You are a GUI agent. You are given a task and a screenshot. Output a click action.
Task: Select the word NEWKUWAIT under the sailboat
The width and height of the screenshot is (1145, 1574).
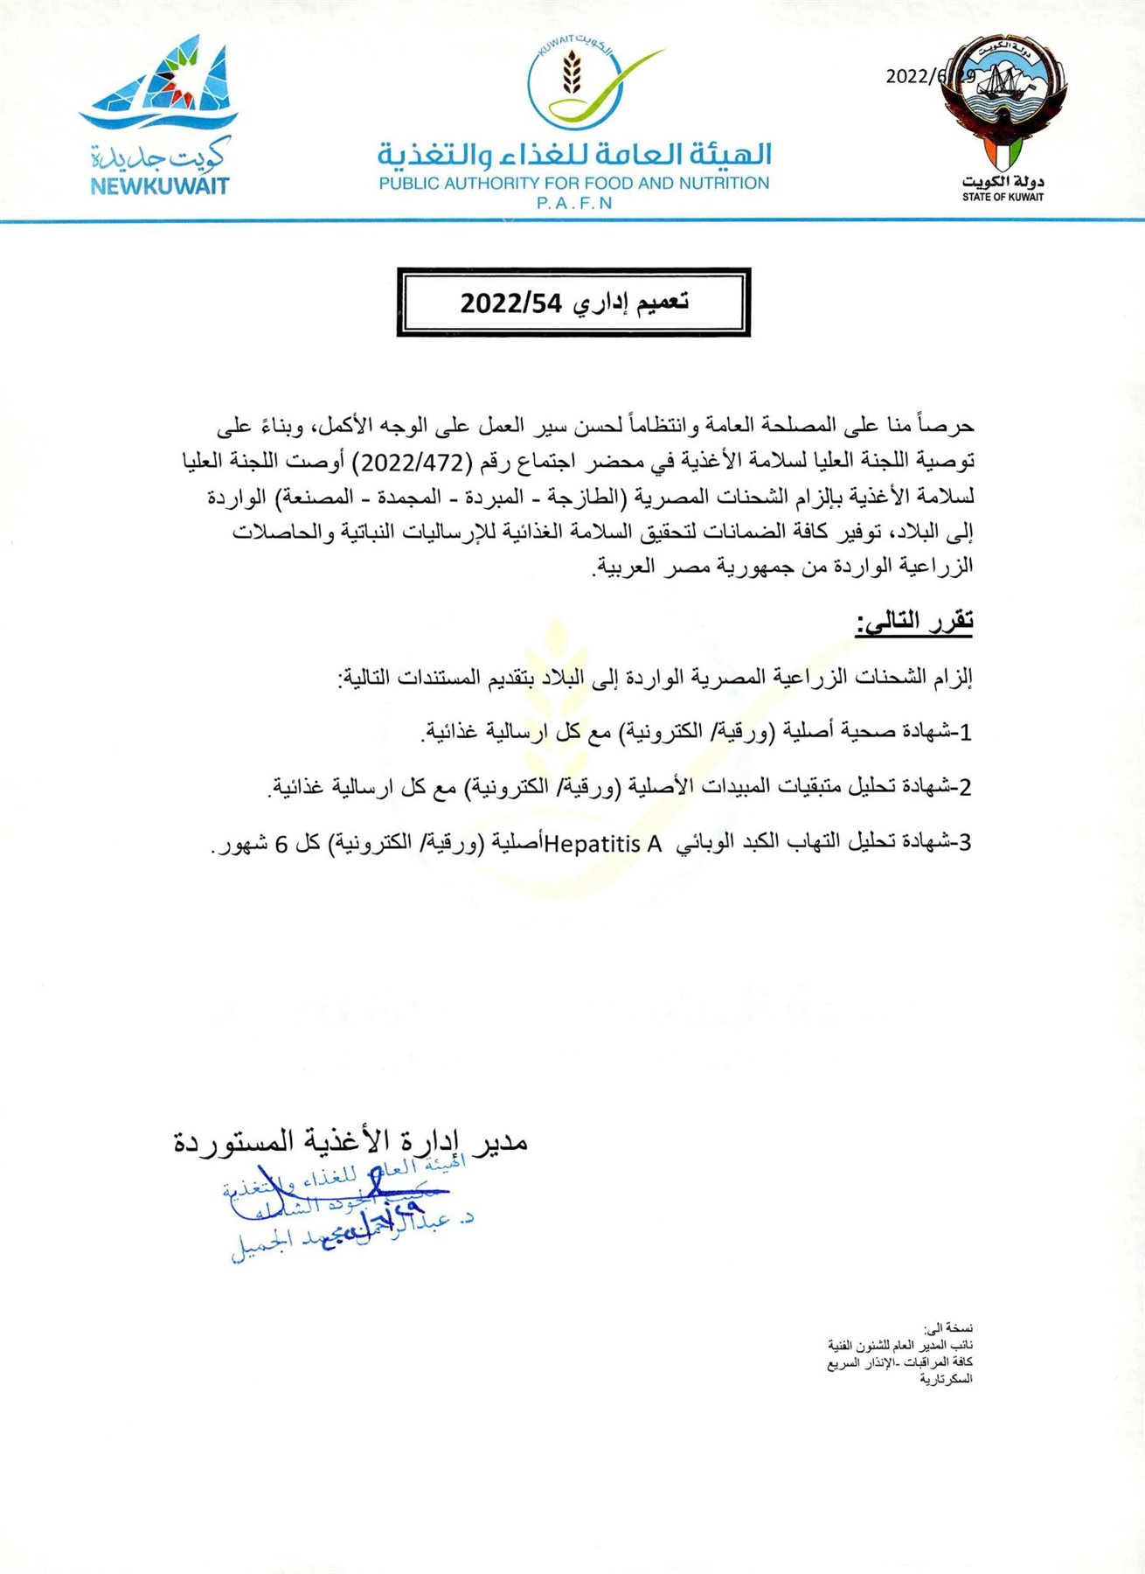pos(159,186)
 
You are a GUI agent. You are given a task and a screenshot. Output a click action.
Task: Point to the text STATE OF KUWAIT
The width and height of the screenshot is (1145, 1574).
pos(1003,198)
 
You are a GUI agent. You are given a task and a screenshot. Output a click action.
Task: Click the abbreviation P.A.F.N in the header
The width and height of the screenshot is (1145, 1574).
pos(574,204)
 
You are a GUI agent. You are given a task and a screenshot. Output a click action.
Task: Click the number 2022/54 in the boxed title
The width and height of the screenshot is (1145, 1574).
pos(510,303)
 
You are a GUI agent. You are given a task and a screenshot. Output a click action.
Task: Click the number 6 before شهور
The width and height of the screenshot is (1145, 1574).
pos(281,845)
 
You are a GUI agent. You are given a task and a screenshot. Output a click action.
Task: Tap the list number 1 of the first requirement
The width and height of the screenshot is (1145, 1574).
pos(965,733)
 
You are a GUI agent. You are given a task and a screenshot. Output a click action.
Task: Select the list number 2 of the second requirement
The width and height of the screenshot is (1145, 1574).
pos(965,788)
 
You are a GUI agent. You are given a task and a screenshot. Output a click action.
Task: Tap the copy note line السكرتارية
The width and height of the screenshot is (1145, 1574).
pos(946,1379)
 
